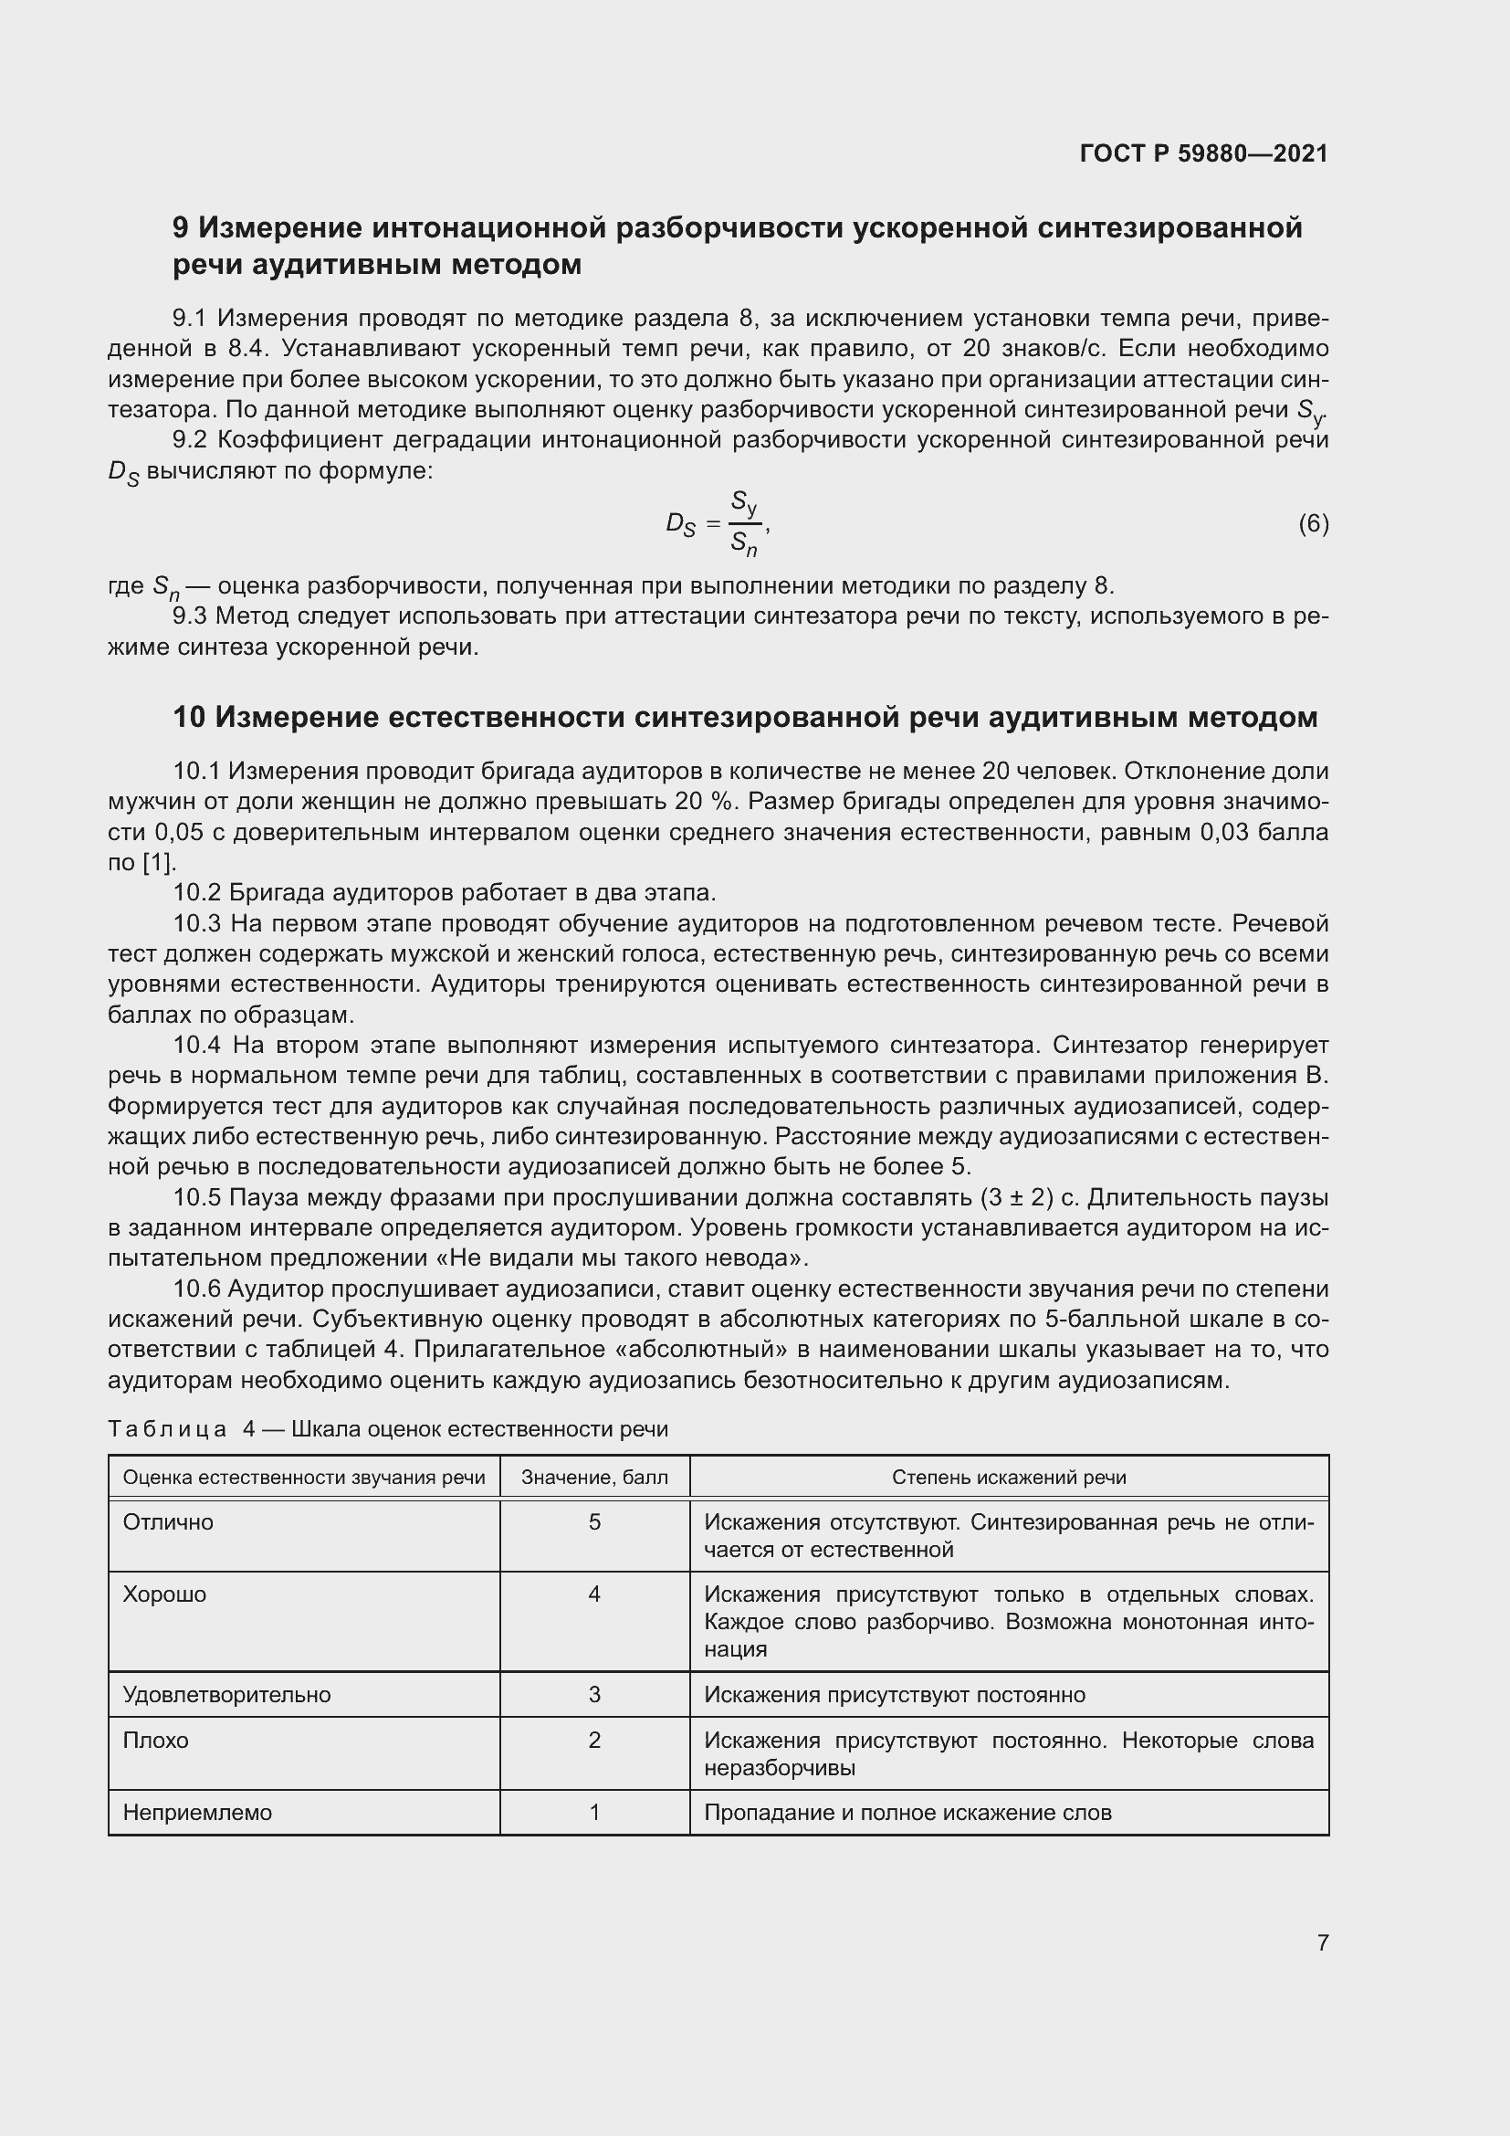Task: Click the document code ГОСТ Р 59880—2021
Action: point(1203,153)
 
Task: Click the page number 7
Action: point(1322,1943)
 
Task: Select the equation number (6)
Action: point(1313,524)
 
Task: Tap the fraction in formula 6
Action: point(745,524)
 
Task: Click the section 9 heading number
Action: point(182,228)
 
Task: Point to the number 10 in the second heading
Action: point(189,717)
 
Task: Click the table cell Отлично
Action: point(168,1522)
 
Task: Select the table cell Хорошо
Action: point(164,1594)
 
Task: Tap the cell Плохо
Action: point(155,1740)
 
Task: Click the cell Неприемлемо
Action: point(197,1812)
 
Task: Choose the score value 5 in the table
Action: point(594,1522)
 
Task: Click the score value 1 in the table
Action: point(594,1812)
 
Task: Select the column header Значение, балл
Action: point(594,1478)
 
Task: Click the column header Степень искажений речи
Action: point(1009,1478)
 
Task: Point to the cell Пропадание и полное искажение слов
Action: point(907,1812)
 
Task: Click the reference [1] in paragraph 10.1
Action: point(157,862)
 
